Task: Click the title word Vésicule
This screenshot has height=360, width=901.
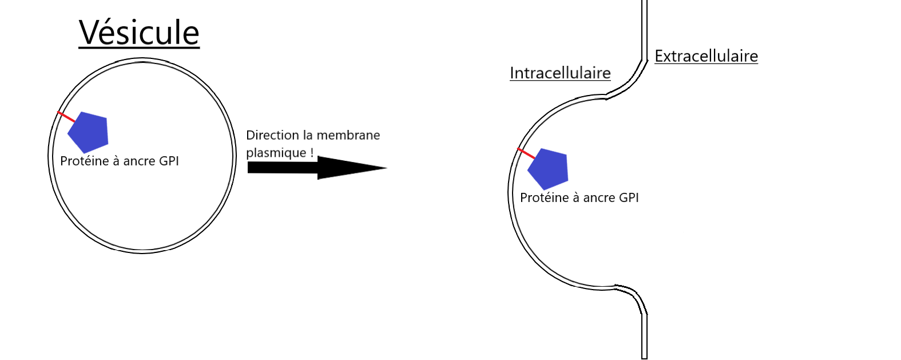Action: (139, 33)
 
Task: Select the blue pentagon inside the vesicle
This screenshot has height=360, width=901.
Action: (88, 132)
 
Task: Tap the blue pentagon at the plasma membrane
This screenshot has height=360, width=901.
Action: (548, 169)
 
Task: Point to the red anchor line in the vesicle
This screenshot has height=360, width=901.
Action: (66, 117)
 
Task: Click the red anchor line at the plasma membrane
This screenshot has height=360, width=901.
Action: (526, 153)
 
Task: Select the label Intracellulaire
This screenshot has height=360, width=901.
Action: (560, 73)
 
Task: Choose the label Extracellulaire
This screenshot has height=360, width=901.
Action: (706, 56)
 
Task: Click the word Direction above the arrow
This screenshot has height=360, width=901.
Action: (272, 136)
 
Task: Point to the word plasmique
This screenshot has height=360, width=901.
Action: (276, 153)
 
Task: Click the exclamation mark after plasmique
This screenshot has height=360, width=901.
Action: (312, 153)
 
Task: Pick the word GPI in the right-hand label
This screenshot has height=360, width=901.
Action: (629, 198)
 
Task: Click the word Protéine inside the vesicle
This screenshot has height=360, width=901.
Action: (85, 161)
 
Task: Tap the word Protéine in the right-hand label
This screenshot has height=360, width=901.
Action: (545, 198)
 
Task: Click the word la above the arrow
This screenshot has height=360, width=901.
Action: (308, 136)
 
